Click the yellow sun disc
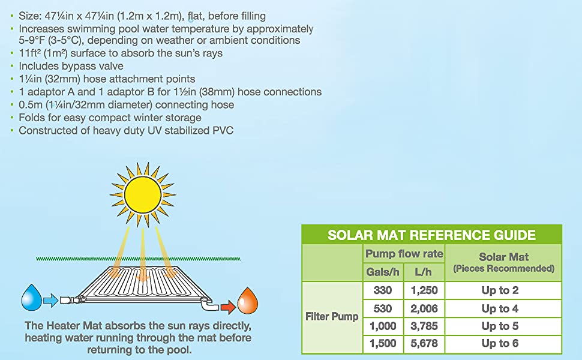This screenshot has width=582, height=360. [x=143, y=194]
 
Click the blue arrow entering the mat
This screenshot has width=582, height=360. [x=50, y=300]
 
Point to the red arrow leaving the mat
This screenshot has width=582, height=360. [x=228, y=307]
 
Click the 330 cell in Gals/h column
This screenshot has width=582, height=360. [x=383, y=290]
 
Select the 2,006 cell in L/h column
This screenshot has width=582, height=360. [x=424, y=308]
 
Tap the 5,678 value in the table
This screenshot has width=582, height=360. [x=424, y=343]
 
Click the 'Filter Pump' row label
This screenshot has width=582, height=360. [x=332, y=317]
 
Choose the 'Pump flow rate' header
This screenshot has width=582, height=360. [x=404, y=254]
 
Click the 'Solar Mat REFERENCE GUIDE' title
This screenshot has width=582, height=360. [x=431, y=235]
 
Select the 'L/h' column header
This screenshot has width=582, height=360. [x=423, y=272]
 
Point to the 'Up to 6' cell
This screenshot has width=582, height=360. [x=500, y=343]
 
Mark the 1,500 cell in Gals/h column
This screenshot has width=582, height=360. [x=383, y=343]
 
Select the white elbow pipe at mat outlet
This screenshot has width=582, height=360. [x=209, y=305]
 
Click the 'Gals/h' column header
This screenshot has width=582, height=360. [x=383, y=272]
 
